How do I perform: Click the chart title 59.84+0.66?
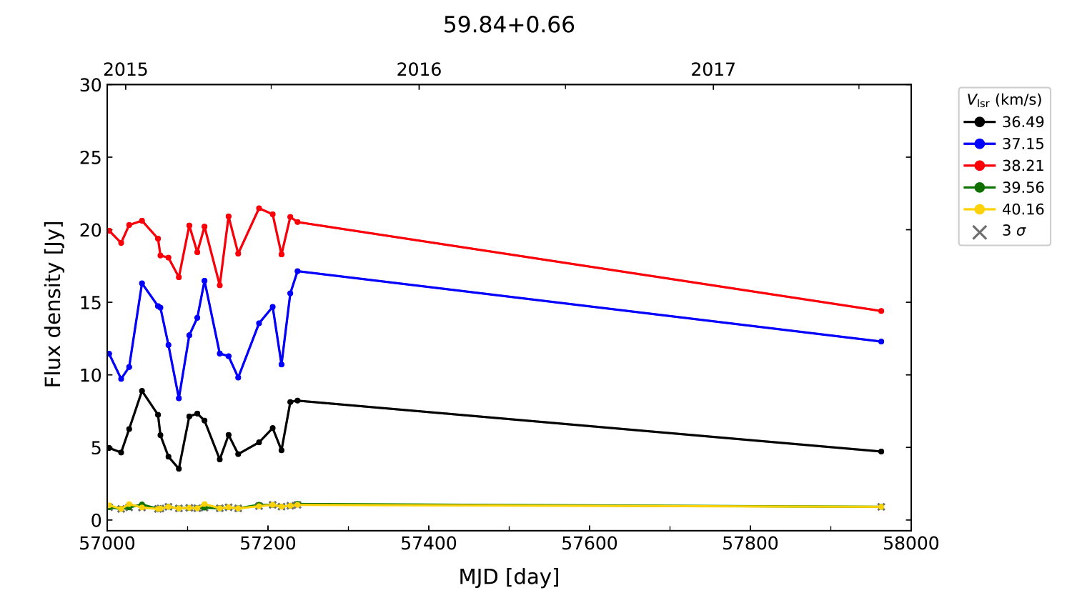509,25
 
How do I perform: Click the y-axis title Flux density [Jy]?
54,304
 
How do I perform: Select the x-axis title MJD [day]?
509,577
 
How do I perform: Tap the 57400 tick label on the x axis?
429,544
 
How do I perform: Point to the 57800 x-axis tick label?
750,544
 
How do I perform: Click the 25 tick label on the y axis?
91,157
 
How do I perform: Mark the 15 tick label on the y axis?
91,302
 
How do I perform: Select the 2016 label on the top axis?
419,69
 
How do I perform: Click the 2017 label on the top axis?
713,69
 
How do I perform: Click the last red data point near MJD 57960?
881,311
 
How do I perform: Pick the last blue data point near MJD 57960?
881,342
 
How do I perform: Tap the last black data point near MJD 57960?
881,452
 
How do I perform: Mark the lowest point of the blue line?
179,398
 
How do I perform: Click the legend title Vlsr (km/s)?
1004,100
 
